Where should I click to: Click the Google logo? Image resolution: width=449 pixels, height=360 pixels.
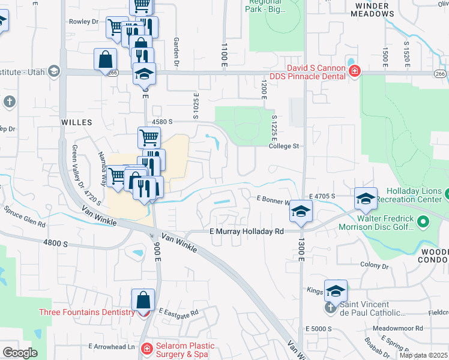click(x=19, y=353)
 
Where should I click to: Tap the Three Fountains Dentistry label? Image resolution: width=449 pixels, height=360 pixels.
click(x=87, y=312)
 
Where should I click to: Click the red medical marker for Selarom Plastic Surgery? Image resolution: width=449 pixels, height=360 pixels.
click(x=146, y=348)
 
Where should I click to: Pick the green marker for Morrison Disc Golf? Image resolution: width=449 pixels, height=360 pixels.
click(x=423, y=223)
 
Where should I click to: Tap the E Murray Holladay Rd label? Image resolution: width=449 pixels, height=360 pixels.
click(x=246, y=232)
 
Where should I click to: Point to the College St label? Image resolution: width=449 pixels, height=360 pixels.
click(x=283, y=146)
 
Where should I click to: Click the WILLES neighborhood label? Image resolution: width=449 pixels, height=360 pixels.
click(x=77, y=122)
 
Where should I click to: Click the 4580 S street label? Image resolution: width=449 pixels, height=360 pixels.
click(x=162, y=121)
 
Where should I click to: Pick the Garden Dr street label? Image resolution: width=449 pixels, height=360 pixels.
click(x=177, y=53)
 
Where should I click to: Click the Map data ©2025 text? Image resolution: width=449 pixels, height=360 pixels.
click(x=423, y=355)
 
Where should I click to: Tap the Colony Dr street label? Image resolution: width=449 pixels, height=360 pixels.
click(x=375, y=265)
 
